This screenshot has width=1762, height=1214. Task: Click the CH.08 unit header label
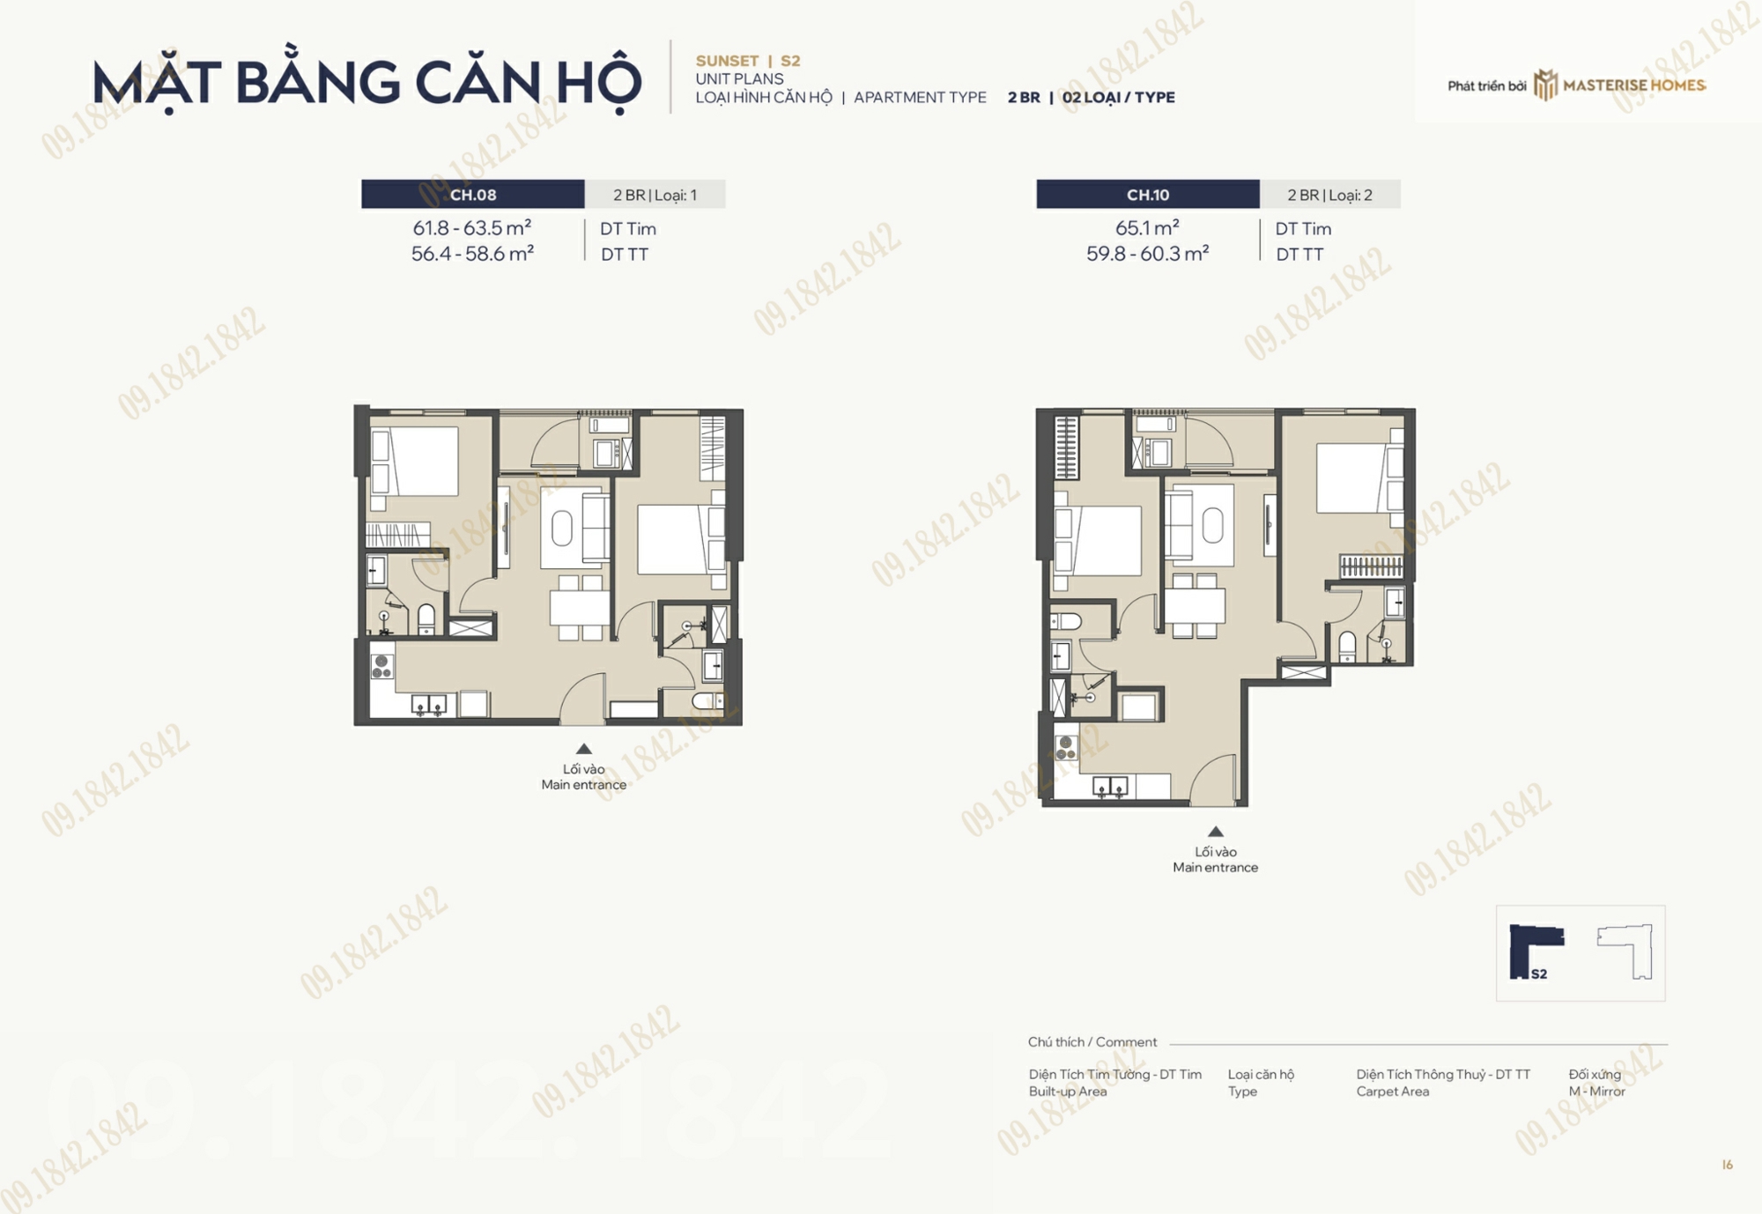coord(473,195)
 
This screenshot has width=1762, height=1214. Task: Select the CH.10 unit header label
coord(1148,195)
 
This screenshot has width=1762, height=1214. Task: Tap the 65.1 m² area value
coord(1147,228)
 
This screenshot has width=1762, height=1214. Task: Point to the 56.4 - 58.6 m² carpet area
coord(472,254)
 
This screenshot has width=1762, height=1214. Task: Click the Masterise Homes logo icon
coord(1545,85)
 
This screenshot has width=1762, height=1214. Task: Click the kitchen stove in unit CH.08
coord(381,667)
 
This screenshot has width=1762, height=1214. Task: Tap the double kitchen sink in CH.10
coord(1110,787)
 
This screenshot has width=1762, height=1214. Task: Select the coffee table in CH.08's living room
coord(562,529)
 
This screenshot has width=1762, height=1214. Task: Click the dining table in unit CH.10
coord(1195,605)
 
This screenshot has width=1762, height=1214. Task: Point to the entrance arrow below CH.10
coord(1216,832)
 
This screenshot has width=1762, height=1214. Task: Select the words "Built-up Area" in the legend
coord(1068,1092)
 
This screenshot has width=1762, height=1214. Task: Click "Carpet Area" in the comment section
coord(1393,1092)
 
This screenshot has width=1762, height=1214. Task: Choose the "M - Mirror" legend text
coord(1596,1092)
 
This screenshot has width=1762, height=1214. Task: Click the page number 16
coord(1728,1165)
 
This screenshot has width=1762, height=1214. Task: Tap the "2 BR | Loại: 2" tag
coord(1329,195)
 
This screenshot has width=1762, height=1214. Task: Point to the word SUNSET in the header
coord(727,61)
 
